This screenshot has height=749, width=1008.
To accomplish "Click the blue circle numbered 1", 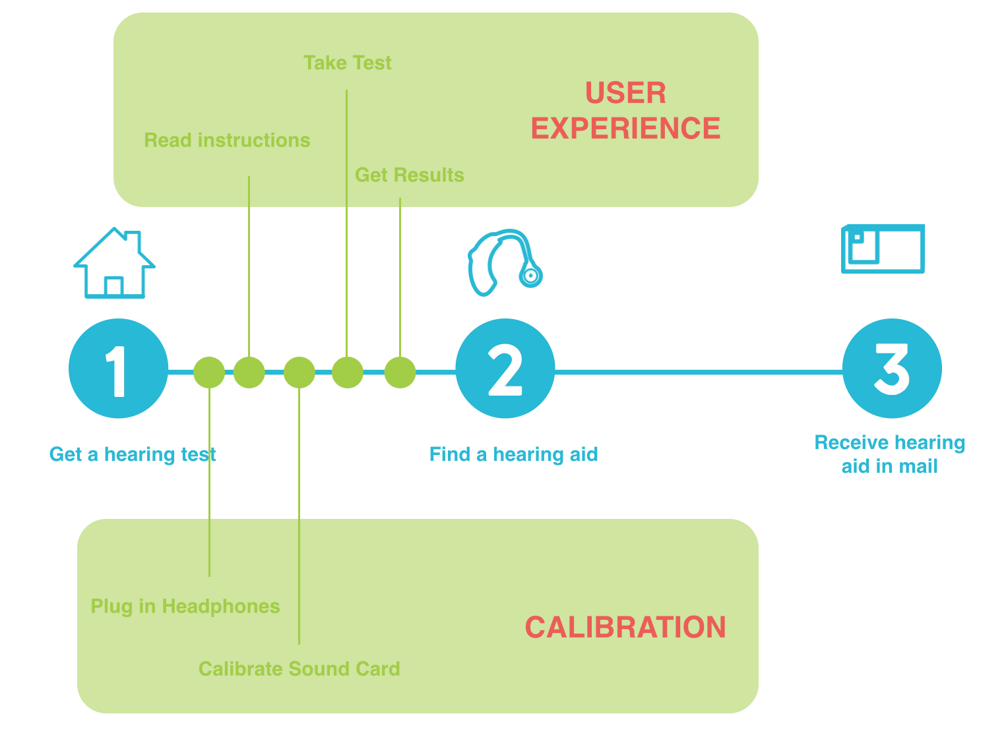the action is coord(118,368).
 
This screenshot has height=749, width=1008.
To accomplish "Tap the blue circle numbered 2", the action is coord(505,368).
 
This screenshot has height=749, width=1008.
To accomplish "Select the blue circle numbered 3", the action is coord(892,368).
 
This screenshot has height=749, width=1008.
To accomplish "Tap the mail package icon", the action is coord(882,249).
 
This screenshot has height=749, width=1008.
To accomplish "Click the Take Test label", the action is coord(347,63).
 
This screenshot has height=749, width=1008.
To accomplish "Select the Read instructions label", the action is coord(227,140).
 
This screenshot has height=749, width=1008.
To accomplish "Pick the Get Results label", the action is coord(409,175).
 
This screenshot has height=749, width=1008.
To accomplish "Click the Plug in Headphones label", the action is coord(185,607).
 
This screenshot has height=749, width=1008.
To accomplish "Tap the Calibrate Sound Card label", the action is coord(299,669).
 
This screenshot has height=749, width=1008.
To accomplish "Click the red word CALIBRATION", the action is coord(625,627).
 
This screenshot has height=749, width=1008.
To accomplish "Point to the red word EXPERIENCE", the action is coord(625,128).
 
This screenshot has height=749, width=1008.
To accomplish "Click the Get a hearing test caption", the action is coord(132,454).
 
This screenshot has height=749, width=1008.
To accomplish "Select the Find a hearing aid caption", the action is coord(513,454).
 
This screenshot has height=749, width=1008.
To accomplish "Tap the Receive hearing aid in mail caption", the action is coord(889,454).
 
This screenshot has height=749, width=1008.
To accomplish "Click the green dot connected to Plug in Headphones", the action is coord(209,372).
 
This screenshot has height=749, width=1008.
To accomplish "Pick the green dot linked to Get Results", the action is coord(400,372).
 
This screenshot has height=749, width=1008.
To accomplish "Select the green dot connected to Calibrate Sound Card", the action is coord(299,372).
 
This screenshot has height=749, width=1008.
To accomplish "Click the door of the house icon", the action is coord(113,286).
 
